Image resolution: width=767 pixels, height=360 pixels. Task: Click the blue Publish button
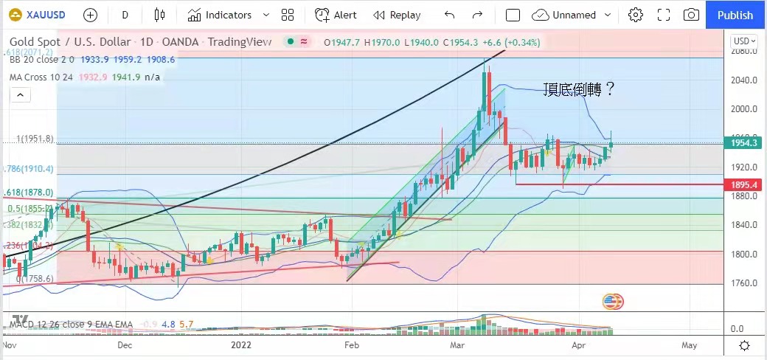tap(735, 15)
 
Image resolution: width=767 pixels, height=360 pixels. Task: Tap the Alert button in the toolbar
tap(336, 15)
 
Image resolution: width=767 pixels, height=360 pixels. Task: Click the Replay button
tap(397, 15)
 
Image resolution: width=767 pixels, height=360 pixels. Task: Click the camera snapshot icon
tap(691, 15)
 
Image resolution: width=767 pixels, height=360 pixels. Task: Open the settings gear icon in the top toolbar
tap(635, 15)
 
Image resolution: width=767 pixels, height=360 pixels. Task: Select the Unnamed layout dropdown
tap(572, 15)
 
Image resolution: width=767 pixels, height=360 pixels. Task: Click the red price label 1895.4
tap(743, 184)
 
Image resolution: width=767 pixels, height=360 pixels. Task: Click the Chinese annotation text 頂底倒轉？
tap(578, 89)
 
